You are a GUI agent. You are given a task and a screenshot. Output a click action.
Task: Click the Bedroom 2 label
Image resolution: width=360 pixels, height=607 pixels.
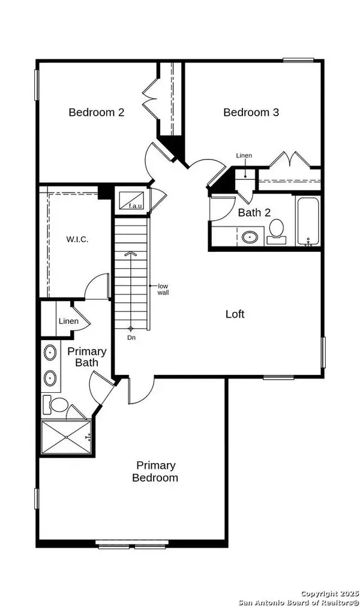(x=96, y=112)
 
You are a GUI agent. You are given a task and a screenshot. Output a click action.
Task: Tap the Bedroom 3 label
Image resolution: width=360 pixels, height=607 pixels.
(x=251, y=112)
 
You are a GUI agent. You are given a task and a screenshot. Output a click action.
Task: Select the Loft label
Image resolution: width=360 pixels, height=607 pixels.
(x=235, y=314)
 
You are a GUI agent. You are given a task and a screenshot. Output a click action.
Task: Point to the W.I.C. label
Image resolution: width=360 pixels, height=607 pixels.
(x=77, y=239)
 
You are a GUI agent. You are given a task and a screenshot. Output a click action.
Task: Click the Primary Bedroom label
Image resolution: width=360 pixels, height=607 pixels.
(x=155, y=471)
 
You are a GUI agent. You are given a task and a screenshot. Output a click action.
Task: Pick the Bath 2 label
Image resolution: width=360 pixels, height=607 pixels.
(x=253, y=212)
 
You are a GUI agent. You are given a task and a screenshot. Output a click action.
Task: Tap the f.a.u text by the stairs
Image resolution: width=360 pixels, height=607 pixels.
(x=135, y=206)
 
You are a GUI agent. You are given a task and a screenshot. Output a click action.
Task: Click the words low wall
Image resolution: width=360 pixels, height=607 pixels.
(x=163, y=289)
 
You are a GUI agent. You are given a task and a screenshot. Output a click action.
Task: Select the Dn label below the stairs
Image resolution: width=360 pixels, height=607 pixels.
(x=131, y=338)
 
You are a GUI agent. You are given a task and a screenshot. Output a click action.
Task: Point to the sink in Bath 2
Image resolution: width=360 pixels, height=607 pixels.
(x=250, y=237)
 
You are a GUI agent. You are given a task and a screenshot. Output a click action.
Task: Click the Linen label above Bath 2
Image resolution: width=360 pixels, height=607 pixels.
(x=244, y=156)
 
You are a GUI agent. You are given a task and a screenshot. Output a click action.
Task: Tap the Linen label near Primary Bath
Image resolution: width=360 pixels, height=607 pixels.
(x=68, y=321)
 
